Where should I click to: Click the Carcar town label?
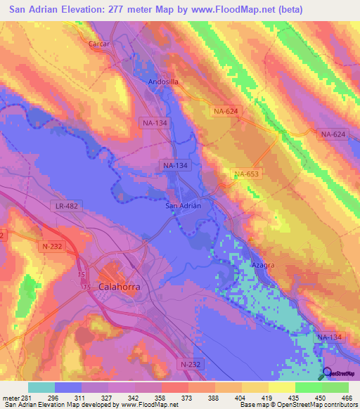pyautogui.click(x=99, y=44)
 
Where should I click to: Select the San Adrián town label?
pyautogui.click(x=183, y=205)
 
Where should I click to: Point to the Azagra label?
pyautogui.click(x=263, y=265)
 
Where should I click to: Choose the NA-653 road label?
pyautogui.click(x=247, y=174)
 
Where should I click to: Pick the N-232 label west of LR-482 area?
pyautogui.click(x=53, y=246)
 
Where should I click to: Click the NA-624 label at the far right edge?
pyautogui.click(x=333, y=134)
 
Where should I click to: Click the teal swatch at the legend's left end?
pyautogui.click(x=41, y=387)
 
